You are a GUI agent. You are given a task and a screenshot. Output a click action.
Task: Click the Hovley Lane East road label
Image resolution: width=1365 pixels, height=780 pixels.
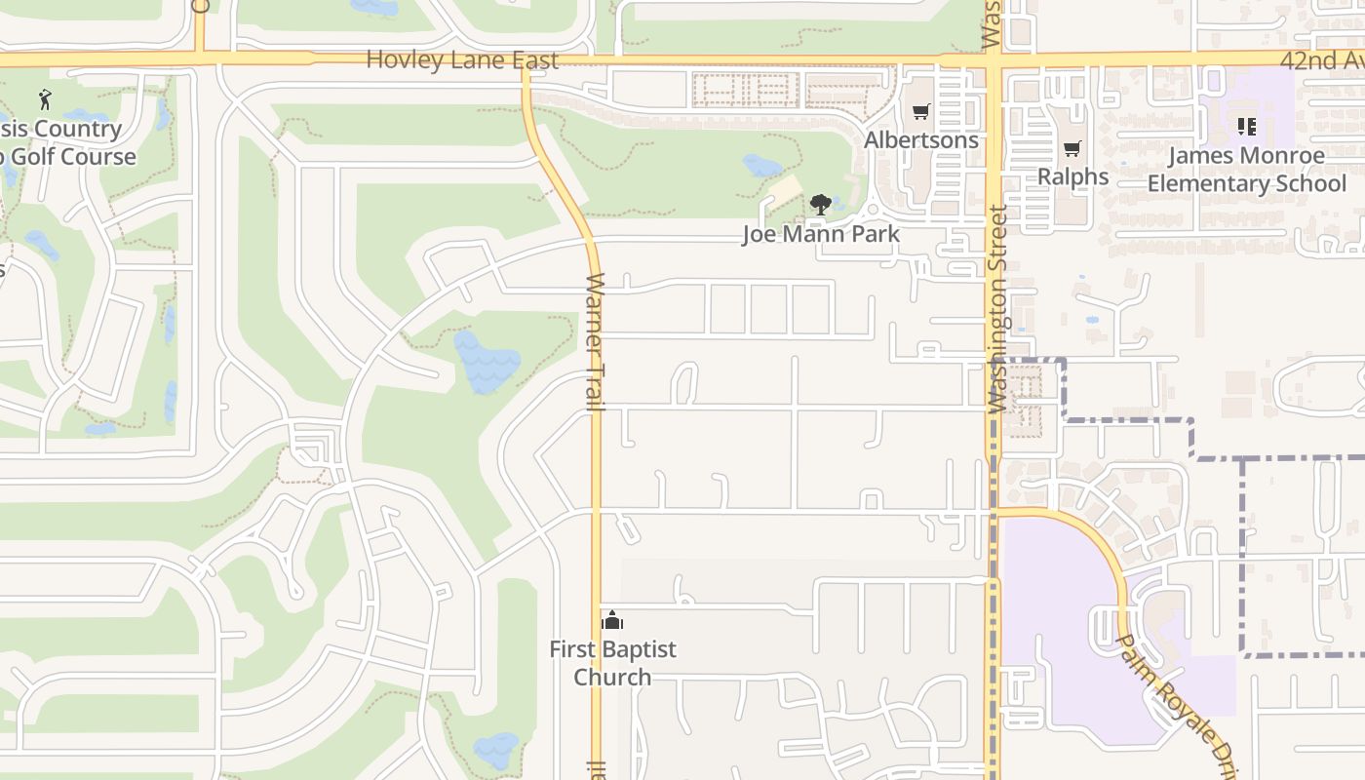pos(462,60)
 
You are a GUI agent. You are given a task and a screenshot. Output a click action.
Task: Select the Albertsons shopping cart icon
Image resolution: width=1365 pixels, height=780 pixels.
pos(920,112)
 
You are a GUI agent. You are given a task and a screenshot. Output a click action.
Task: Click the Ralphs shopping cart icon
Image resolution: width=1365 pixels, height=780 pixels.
pos(1072,149)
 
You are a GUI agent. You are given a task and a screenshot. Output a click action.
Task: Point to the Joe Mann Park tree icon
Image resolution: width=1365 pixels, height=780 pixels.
pos(821,205)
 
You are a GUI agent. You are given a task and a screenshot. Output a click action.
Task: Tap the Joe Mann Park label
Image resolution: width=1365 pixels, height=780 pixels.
pos(821,235)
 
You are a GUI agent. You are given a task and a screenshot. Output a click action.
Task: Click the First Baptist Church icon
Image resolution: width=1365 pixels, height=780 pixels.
pos(612,620)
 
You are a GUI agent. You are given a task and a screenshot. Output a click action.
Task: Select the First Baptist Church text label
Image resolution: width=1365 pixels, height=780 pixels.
pos(612,663)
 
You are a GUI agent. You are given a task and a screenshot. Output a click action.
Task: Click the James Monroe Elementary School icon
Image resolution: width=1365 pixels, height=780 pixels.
pos(1246,127)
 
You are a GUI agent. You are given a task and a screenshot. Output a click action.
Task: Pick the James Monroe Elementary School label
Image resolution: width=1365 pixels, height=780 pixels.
pos(1246,170)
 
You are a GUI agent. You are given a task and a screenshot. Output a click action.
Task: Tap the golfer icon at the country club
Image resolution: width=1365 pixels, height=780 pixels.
pos(45,99)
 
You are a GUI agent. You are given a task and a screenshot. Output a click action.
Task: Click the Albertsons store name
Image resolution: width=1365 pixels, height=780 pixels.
pos(920,140)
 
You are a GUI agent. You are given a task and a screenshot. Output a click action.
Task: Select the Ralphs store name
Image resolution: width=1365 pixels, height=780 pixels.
pos(1072,176)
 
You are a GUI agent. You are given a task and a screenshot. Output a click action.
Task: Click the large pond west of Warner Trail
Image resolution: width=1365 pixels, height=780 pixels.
pos(487,363)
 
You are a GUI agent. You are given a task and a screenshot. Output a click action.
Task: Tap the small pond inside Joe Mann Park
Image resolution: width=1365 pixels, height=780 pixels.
pos(762,166)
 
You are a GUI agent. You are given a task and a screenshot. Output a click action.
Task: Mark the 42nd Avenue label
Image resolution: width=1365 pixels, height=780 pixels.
pos(1322,60)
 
